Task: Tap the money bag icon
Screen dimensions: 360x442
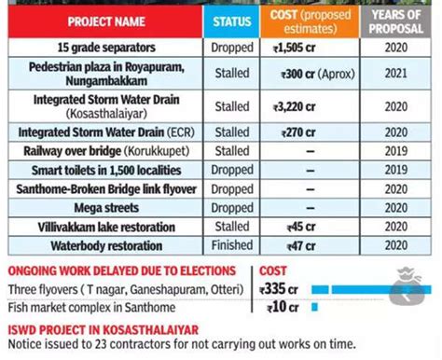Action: pos(407,288)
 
